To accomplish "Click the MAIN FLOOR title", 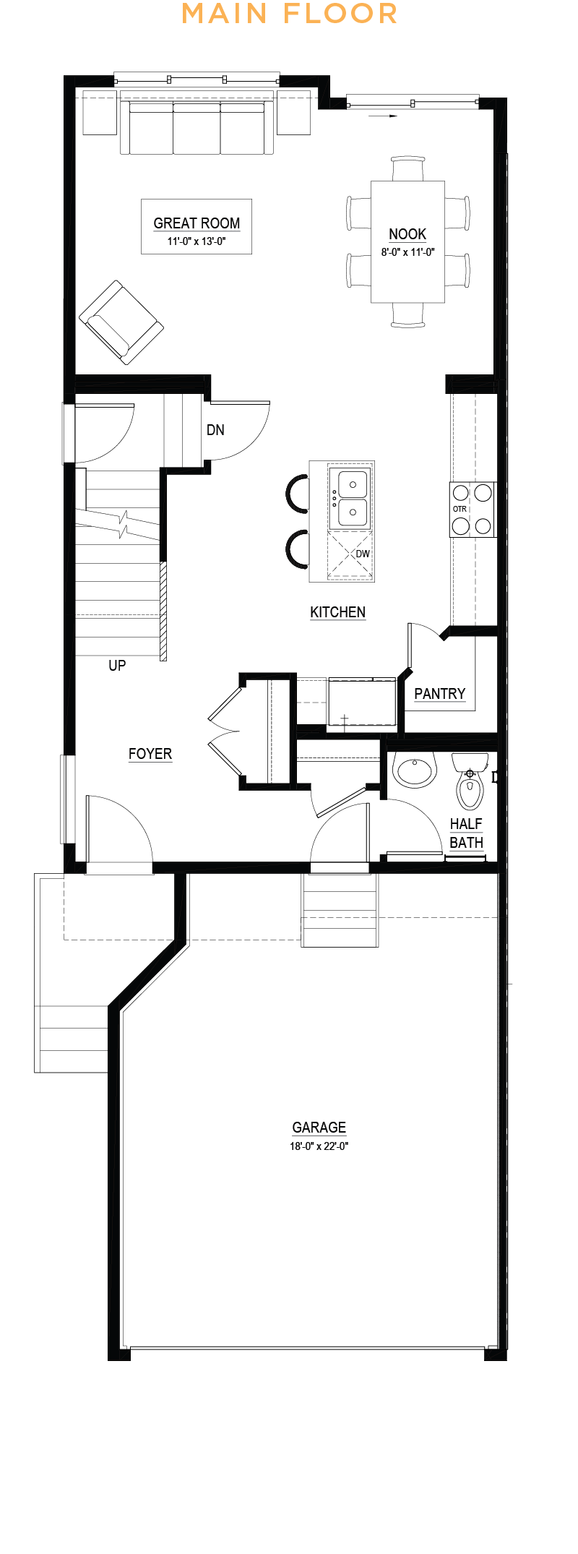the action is point(289,14).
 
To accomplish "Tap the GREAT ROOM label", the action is point(197,223).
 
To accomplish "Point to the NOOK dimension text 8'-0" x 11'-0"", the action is point(407,252).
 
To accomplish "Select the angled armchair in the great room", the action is point(121,322).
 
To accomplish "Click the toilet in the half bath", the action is point(470,781).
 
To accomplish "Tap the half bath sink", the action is point(415,770).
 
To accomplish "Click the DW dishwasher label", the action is point(363,554).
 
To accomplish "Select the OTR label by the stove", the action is point(460,509).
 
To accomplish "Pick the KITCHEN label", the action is point(337,612).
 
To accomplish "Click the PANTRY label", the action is point(439,694).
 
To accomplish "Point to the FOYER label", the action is point(150,754).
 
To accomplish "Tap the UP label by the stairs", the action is point(117,665).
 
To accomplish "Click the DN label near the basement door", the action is point(215,430).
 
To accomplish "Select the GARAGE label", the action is point(319,1128).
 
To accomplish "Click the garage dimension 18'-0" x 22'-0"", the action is point(319,1146).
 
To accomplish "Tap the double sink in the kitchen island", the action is point(349,498).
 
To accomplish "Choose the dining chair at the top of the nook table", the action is point(407,168).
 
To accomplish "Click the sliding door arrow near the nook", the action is point(383,116).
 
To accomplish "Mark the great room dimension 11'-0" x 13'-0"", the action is point(197,241).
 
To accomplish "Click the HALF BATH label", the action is point(466,833).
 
